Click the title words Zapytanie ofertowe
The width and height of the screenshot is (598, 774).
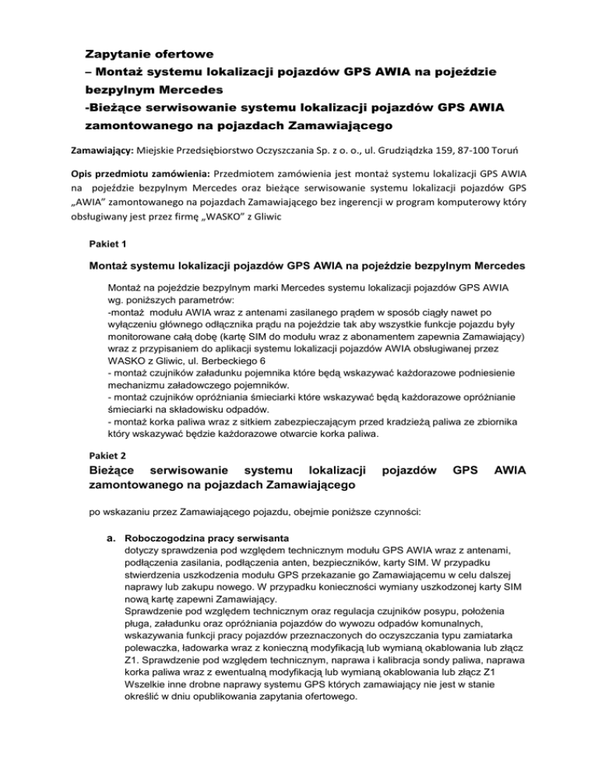[149, 55]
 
